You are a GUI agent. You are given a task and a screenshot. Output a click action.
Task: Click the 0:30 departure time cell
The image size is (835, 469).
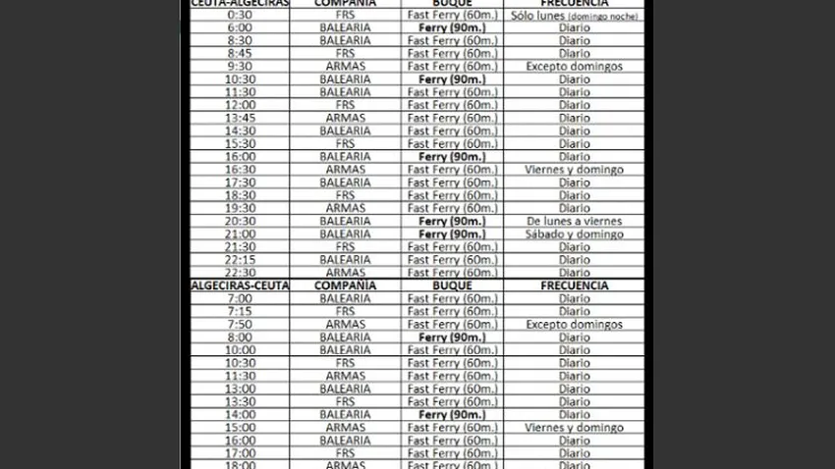tap(239, 16)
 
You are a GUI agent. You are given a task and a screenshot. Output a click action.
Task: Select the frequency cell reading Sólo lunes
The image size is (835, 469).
tap(575, 16)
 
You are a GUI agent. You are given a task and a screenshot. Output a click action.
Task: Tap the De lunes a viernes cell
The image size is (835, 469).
tap(575, 222)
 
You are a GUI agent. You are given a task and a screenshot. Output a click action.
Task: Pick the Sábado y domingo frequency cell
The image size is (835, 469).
tap(575, 234)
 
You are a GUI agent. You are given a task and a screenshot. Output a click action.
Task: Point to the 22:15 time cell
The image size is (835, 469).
tap(239, 260)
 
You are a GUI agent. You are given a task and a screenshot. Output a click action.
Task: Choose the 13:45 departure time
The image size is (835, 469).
tap(239, 118)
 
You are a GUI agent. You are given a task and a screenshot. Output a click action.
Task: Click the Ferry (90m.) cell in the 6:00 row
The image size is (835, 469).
tap(452, 28)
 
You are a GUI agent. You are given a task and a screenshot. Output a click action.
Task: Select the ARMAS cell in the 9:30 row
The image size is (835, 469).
tap(345, 67)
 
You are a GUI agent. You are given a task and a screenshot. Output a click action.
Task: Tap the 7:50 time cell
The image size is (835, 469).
tap(239, 325)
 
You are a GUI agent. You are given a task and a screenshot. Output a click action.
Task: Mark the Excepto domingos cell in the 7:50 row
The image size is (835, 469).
tap(575, 325)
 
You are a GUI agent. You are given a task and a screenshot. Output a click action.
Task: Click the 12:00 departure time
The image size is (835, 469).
tap(239, 105)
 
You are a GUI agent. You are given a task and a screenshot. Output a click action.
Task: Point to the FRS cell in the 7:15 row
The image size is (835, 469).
tap(345, 312)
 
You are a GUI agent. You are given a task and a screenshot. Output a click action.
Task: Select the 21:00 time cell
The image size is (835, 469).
tap(239, 234)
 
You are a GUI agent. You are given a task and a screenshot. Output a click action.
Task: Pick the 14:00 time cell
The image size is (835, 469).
tap(239, 415)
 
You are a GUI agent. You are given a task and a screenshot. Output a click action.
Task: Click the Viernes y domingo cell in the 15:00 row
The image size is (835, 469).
tap(575, 428)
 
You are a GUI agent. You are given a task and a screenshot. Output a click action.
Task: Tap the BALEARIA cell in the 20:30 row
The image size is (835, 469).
tap(345, 222)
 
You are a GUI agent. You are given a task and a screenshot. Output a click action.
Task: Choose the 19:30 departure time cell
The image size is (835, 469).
tap(239, 208)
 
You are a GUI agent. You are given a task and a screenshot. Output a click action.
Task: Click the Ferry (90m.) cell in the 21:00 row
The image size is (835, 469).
tap(452, 234)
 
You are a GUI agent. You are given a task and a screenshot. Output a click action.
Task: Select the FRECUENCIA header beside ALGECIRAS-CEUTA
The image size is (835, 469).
tap(575, 286)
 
